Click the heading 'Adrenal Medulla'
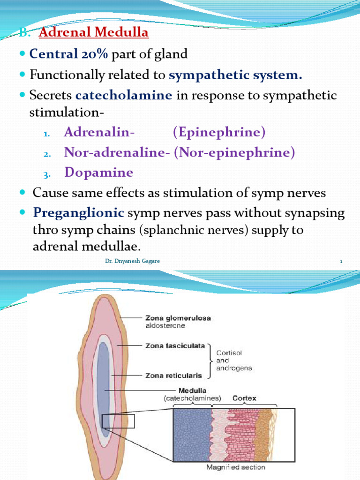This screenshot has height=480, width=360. (x=93, y=33)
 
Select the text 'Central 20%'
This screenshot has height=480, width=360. (x=68, y=54)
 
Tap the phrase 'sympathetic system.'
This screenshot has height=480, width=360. (x=235, y=75)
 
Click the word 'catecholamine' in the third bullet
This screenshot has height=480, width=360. (x=124, y=96)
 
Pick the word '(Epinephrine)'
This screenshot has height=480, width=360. (x=219, y=133)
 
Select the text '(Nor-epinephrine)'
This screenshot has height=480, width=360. (x=234, y=153)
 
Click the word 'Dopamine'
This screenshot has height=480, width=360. (x=99, y=172)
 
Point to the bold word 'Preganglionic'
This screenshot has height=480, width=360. (x=78, y=213)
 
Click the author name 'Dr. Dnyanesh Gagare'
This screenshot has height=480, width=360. (x=132, y=261)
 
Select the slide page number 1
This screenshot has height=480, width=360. (x=341, y=261)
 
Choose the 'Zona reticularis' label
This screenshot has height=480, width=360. (x=173, y=375)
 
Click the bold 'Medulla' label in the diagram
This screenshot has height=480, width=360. (x=192, y=390)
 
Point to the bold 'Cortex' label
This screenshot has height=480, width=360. (x=245, y=398)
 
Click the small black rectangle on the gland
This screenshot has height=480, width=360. (x=118, y=421)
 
